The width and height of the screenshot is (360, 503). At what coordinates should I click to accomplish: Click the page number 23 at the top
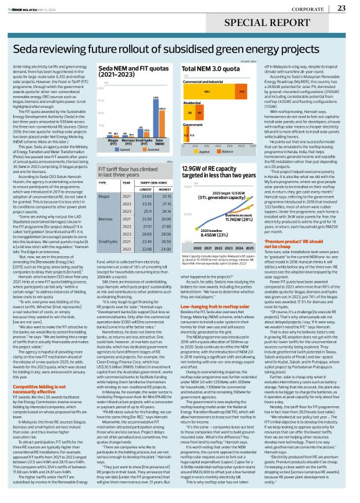tap(341, 7)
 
